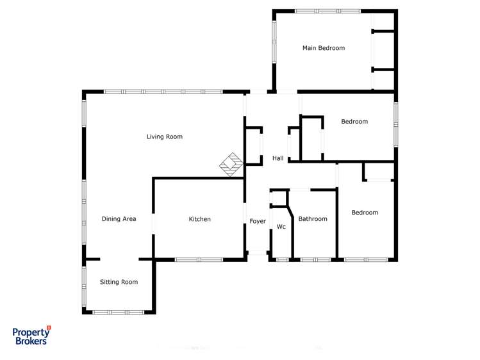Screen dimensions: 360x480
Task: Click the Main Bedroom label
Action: point(324,48)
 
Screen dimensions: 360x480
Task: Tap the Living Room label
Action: point(165,136)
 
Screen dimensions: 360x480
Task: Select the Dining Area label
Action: point(119,219)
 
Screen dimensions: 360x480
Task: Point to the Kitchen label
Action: point(199,219)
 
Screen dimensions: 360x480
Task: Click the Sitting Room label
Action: point(119,282)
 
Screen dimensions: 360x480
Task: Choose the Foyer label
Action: point(258,221)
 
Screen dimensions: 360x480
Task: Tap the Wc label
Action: point(281,226)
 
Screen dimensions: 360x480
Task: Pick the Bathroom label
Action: point(313,219)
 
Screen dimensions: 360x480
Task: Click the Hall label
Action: point(278,158)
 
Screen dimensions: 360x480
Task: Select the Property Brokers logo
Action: point(31,336)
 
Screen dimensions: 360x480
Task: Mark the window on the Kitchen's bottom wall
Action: point(199,259)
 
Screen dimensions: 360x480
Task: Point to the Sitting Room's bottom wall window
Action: point(119,312)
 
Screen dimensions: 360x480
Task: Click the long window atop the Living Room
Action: point(163,92)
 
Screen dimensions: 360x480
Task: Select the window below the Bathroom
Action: point(315,259)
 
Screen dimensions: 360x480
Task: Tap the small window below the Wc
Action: point(282,259)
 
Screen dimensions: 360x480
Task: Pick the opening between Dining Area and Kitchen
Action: point(153,223)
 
